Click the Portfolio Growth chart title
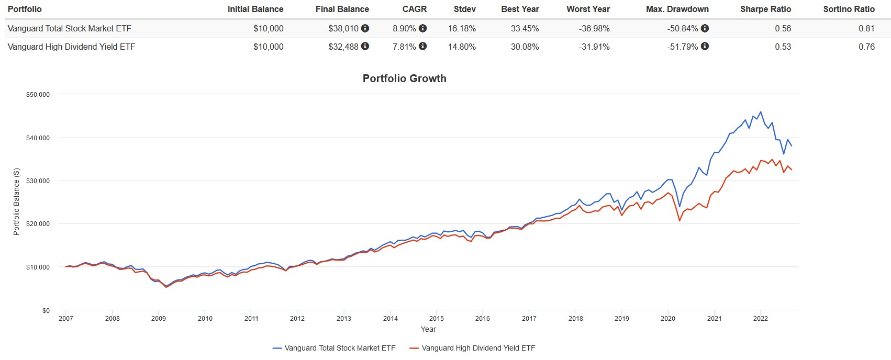coord(404,78)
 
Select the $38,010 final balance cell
coord(343,28)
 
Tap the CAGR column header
coord(415,9)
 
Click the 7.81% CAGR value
coord(404,47)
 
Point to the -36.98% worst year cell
coord(594,28)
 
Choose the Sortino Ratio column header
coord(849,9)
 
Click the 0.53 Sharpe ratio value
coord(783,47)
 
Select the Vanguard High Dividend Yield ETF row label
coord(71,47)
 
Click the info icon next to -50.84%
coord(705,28)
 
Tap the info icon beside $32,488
coord(365,46)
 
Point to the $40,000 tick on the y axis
coord(38,138)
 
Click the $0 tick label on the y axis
coord(46,311)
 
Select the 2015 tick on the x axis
coord(436,318)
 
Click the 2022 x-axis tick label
coord(760,318)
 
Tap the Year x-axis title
coord(428,329)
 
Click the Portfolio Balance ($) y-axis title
coord(16,201)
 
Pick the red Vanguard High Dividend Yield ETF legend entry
coord(472,348)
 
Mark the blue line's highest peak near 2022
coord(761,111)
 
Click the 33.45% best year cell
coord(525,28)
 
